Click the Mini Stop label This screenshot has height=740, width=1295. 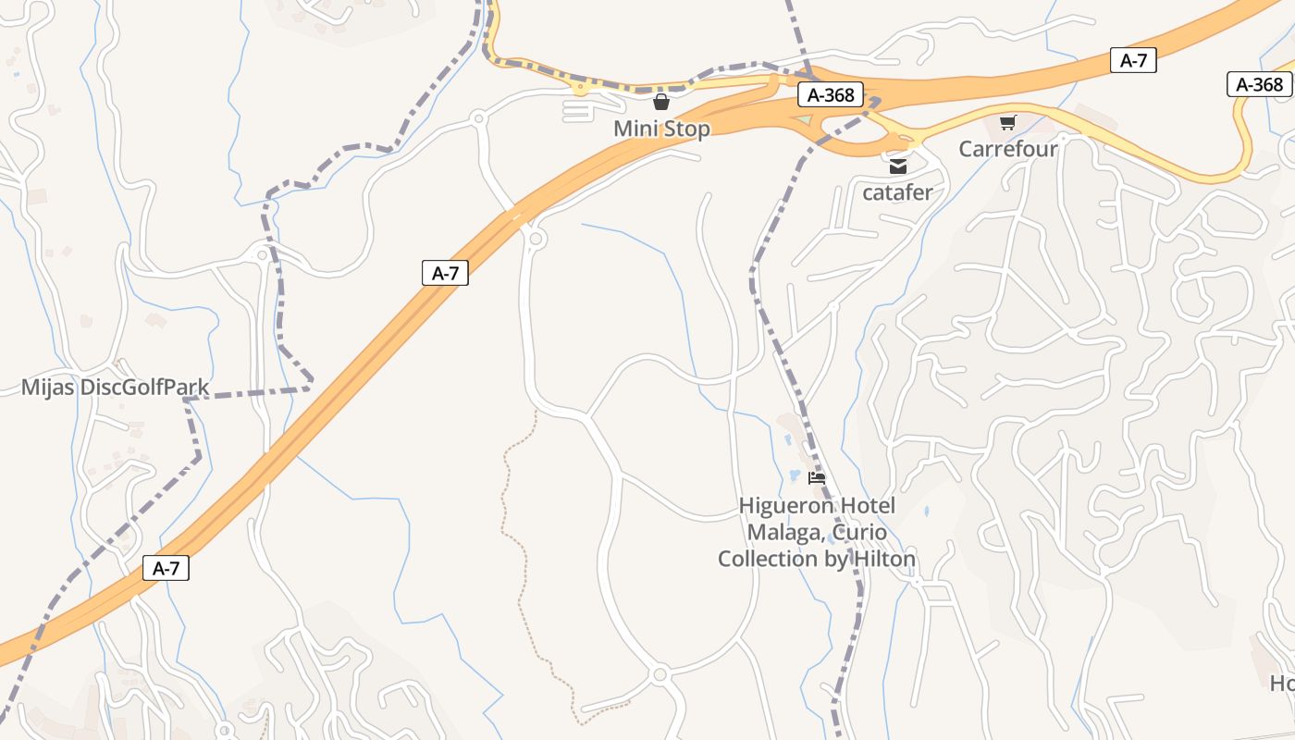(661, 129)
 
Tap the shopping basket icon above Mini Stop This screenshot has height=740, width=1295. (661, 102)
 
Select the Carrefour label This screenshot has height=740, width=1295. (1007, 149)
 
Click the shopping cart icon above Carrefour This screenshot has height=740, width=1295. (1008, 122)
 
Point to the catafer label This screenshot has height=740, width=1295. (897, 193)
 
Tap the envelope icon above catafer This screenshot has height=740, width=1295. (897, 166)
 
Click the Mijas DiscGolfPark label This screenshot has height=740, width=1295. (115, 388)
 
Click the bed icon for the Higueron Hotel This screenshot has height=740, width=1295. (817, 478)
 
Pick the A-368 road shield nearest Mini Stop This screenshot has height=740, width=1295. (831, 94)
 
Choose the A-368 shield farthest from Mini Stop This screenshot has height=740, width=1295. (1259, 85)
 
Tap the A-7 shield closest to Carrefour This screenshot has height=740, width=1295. (1133, 61)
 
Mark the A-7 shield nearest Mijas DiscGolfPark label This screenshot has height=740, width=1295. (445, 273)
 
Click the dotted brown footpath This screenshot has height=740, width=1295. (513, 518)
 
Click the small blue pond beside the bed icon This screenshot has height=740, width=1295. (794, 475)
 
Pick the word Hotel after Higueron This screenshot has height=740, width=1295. (868, 506)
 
